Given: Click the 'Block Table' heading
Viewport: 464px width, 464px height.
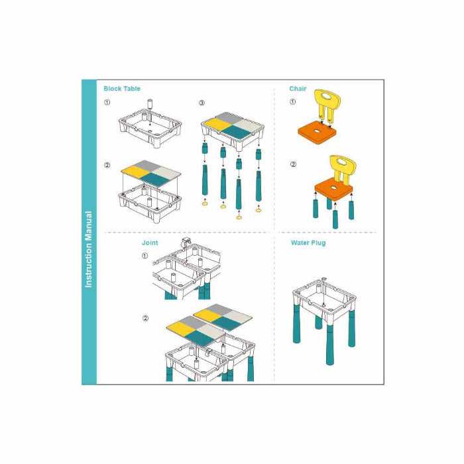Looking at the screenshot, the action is (121, 88).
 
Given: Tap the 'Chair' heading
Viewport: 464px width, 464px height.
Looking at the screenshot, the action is (298, 88).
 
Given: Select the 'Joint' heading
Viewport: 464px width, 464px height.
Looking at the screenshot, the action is (150, 243).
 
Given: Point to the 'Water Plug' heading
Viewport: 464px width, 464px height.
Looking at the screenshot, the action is (308, 243).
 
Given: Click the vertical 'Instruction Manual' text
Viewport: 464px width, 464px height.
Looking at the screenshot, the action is (88, 249).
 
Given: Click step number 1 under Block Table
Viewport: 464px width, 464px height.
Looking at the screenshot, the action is (107, 102).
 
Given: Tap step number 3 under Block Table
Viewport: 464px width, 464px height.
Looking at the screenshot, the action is (202, 103).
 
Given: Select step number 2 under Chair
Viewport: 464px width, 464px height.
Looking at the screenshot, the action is (293, 164).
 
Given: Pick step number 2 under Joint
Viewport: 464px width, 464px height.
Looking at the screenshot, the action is (145, 318).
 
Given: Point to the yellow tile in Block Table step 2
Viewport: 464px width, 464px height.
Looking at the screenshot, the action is (135, 172).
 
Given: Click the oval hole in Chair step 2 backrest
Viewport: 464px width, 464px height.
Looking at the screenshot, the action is (343, 162).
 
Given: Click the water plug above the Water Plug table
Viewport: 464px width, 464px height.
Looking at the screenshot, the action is (323, 278).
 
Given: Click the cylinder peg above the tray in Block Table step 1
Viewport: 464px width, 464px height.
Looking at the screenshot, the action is (150, 103).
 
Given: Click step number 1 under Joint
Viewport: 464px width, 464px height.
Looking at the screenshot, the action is (145, 256).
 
